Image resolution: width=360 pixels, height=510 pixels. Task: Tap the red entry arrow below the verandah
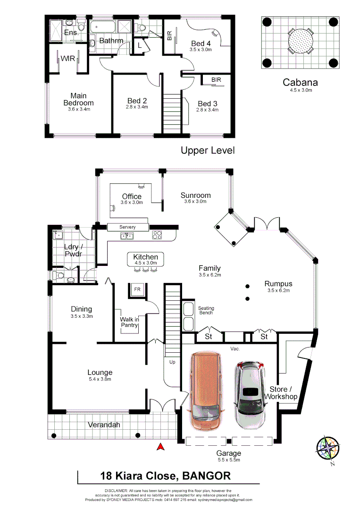coord(160,446)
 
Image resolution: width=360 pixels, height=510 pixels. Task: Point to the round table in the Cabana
coord(300,42)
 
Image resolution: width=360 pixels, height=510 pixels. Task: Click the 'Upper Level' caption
coord(208,151)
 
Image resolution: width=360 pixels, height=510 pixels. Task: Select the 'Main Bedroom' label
coord(79,99)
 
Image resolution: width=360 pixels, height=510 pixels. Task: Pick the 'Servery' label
coord(127,227)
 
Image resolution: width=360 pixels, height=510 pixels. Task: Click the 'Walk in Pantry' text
coord(129,322)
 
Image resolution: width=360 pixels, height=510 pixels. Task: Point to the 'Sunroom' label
coord(195,195)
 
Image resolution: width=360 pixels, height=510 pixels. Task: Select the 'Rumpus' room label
coord(278,284)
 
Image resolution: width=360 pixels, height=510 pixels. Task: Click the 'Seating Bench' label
coord(206,310)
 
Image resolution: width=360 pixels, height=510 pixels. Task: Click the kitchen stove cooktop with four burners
coord(157,234)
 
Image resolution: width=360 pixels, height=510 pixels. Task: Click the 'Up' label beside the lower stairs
coord(173,362)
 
